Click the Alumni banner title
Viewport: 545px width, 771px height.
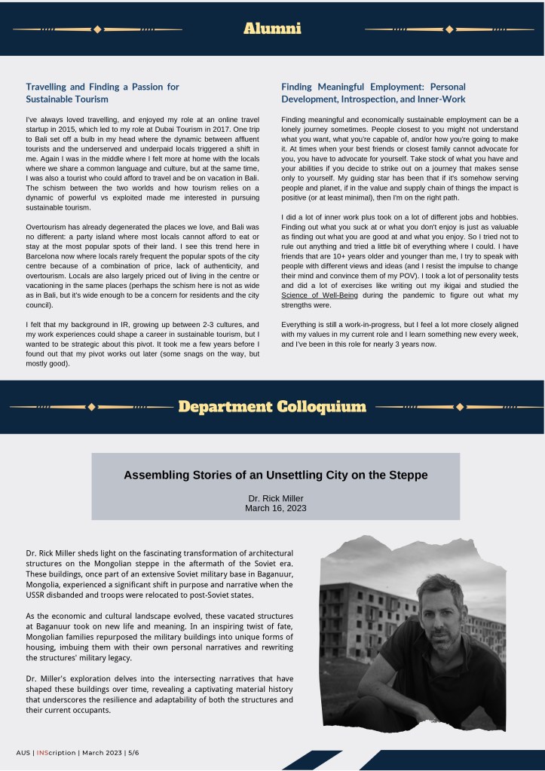[272, 29]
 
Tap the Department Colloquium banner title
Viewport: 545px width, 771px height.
[272, 407]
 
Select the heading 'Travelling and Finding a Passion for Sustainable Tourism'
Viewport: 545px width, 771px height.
[103, 93]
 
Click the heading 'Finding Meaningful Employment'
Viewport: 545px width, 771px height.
[373, 93]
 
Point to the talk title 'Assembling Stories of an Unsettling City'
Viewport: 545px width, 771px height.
[275, 476]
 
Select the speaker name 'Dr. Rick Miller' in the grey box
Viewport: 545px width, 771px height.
[275, 498]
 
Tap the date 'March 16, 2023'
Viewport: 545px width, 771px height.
[275, 508]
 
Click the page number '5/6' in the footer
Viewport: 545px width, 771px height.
[133, 753]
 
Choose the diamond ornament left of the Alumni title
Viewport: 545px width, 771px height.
[96, 29]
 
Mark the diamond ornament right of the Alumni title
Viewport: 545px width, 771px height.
[449, 29]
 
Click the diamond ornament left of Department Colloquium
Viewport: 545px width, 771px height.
[92, 407]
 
